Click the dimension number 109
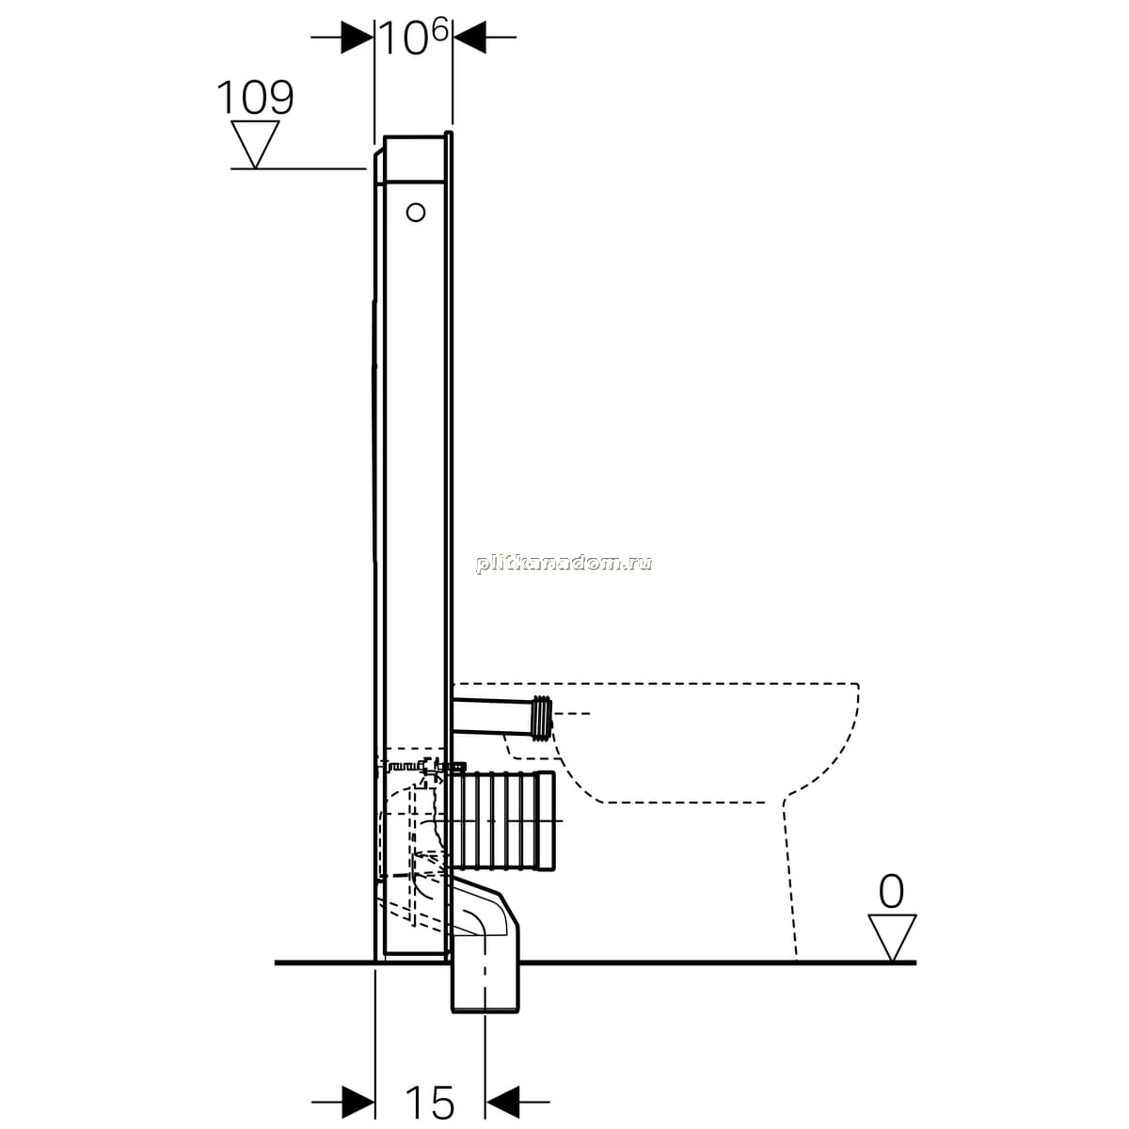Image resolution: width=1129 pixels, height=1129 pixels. (x=256, y=97)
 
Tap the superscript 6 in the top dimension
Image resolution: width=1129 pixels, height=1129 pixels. (x=440, y=29)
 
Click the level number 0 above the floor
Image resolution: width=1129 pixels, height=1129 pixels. (x=891, y=892)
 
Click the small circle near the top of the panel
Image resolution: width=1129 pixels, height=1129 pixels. (x=416, y=212)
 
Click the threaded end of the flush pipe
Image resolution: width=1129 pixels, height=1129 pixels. (x=543, y=718)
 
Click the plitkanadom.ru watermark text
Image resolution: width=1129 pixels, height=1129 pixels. (x=564, y=564)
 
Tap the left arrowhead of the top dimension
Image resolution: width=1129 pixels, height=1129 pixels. (x=358, y=38)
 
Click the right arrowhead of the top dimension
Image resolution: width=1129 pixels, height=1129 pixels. (x=469, y=38)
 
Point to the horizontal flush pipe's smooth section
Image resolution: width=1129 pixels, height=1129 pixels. (x=493, y=715)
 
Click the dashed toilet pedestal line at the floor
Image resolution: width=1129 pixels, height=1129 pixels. (x=789, y=881)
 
